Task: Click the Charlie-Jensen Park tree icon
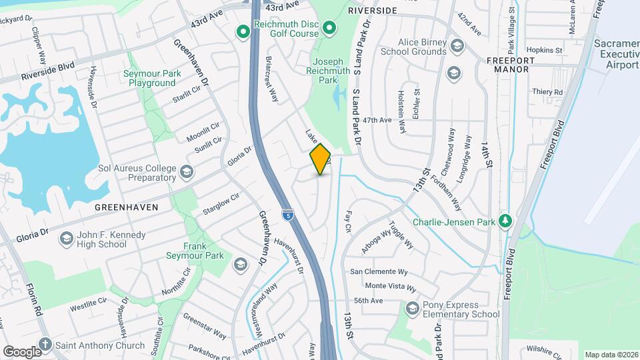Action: coord(506,221)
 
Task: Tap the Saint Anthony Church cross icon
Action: coord(45,345)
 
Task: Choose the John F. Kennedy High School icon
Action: coord(66,238)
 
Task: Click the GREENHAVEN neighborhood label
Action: coord(127,207)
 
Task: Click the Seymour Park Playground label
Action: coord(149,79)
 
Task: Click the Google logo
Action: coord(21,351)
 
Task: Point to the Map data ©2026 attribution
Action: coord(611,355)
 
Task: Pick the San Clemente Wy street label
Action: coord(379,272)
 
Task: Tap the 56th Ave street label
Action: coord(368,301)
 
